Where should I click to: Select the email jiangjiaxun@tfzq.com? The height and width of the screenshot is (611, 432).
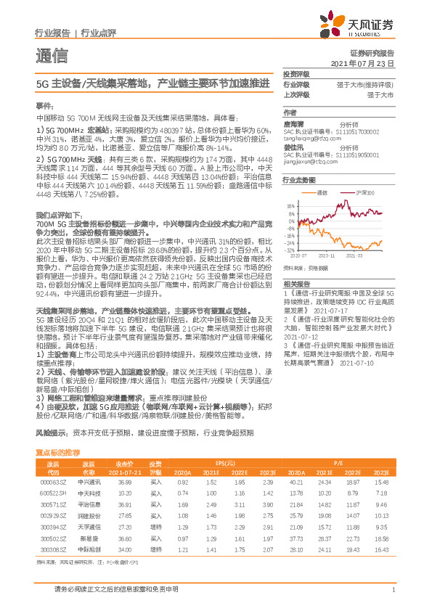point(305,162)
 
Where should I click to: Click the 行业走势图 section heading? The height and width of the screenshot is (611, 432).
point(300,179)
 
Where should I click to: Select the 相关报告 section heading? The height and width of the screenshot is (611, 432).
point(297,284)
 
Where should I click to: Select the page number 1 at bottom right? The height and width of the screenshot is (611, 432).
point(392,589)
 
